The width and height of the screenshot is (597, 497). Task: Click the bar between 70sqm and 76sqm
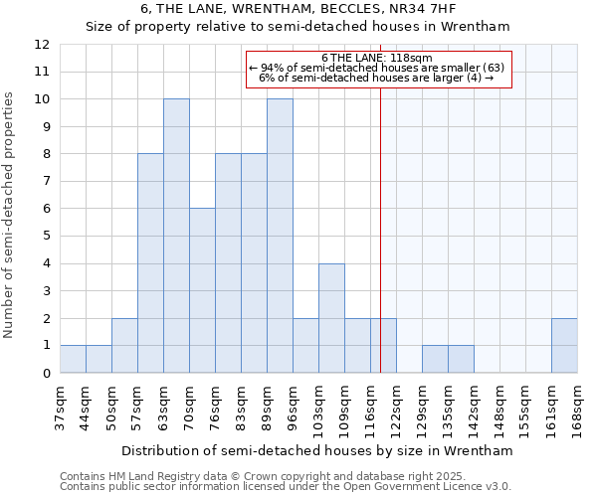(202, 290)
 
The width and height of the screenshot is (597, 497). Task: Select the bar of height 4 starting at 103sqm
(331, 318)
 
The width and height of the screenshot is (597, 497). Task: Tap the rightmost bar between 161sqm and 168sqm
(564, 345)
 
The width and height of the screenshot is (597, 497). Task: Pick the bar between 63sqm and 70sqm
(176, 236)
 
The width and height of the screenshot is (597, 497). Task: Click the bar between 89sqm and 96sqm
(280, 236)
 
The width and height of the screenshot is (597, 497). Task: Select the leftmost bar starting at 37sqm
(73, 359)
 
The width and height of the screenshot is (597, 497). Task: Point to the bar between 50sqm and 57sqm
(124, 345)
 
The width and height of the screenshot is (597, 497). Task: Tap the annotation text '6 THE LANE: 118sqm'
(377, 58)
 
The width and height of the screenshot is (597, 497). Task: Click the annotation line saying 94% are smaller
(377, 68)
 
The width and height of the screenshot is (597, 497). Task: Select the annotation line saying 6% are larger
(377, 78)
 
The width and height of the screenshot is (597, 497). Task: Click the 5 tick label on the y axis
(46, 237)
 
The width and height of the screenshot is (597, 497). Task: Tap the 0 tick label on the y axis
(46, 374)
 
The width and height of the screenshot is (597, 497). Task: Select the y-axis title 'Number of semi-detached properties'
(10, 214)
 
